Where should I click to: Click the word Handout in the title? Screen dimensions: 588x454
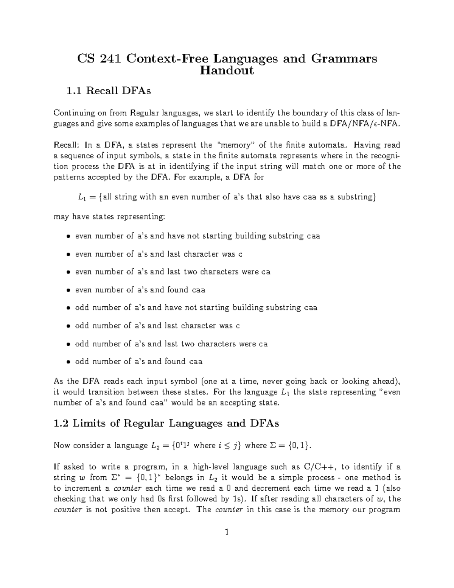[227, 71]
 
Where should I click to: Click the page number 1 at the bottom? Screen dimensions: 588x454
[227, 533]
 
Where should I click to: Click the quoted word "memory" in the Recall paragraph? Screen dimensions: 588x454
[235, 145]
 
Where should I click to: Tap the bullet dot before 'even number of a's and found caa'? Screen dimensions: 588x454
[68, 290]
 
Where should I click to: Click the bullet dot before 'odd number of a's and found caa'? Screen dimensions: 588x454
[68, 362]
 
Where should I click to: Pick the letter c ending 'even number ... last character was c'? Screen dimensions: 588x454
[240, 254]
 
